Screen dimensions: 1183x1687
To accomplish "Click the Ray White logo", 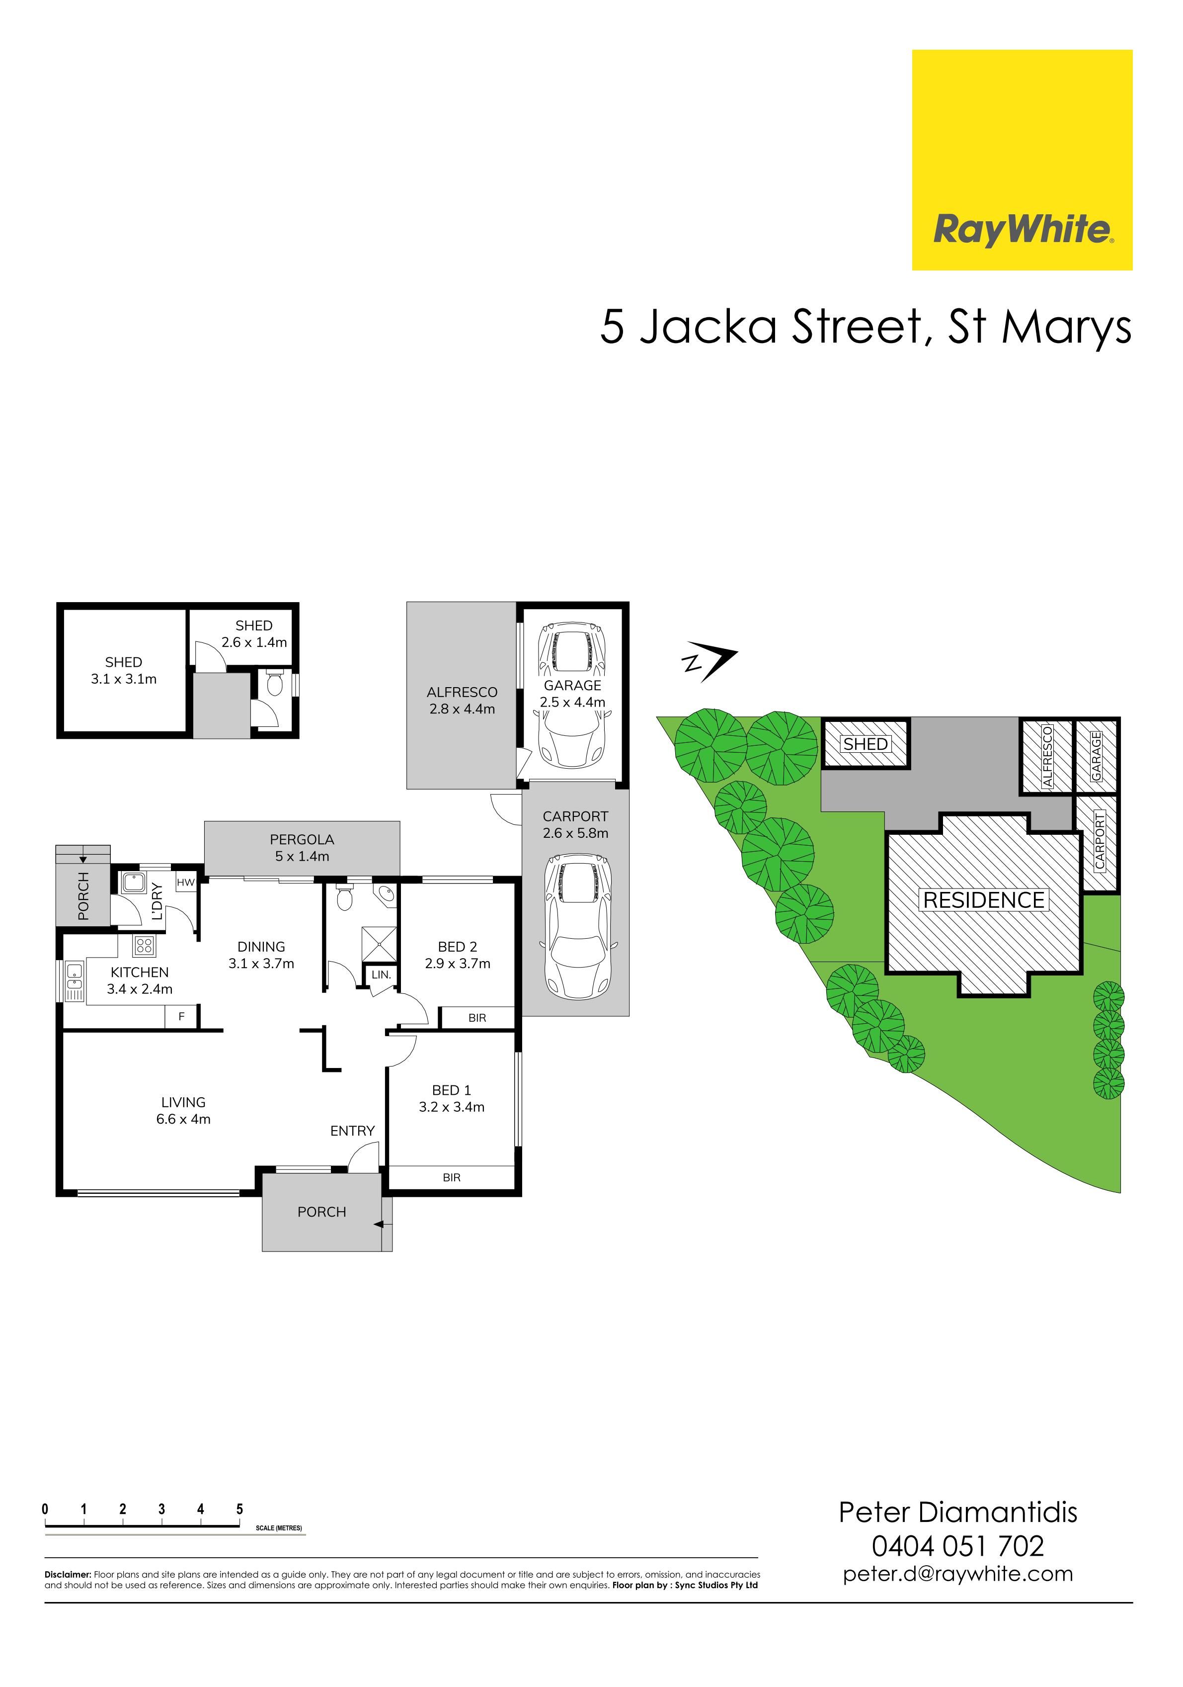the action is click(1022, 160).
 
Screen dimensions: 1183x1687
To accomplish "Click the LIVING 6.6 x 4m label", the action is click(183, 1110).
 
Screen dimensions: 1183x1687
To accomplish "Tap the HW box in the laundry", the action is click(186, 883).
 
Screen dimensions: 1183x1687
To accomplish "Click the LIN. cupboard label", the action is click(381, 975).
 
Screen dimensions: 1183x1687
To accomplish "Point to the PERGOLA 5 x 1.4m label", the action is click(302, 847).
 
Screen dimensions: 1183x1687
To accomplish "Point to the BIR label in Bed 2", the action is click(477, 1018).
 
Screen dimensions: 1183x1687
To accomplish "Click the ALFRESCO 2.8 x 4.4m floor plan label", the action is click(462, 700).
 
